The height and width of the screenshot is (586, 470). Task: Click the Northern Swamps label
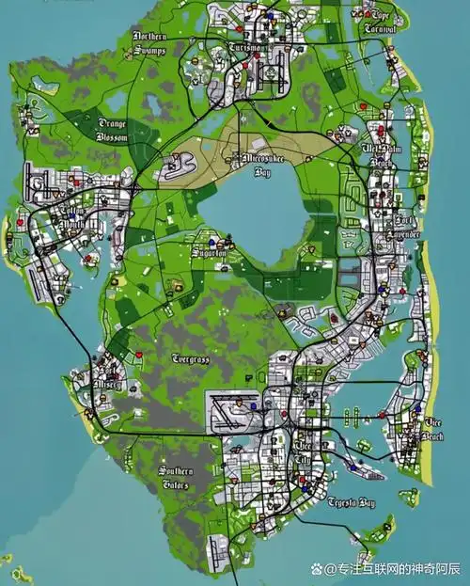click(150, 42)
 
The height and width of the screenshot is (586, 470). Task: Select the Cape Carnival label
click(380, 21)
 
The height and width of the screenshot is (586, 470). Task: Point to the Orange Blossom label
click(111, 129)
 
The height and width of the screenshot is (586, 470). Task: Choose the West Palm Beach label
click(382, 155)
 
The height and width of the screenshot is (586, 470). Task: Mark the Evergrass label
click(191, 358)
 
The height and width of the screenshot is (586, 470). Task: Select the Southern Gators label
click(175, 477)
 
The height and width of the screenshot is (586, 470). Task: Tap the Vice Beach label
click(433, 430)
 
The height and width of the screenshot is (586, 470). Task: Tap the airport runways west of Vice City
click(235, 412)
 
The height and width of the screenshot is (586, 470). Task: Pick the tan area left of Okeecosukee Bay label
click(197, 155)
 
